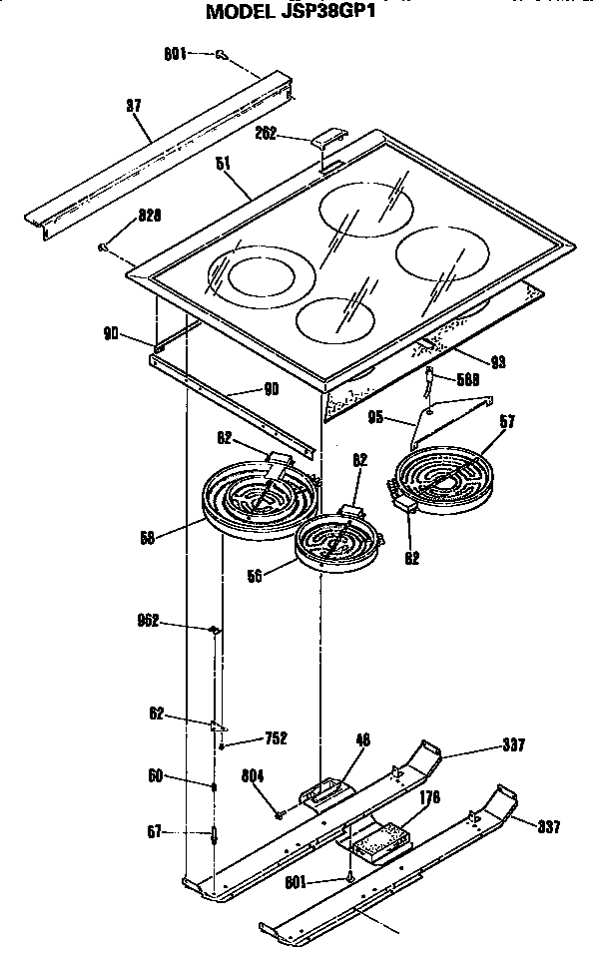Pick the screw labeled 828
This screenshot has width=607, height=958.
point(104,245)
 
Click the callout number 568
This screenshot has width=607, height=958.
point(467,379)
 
